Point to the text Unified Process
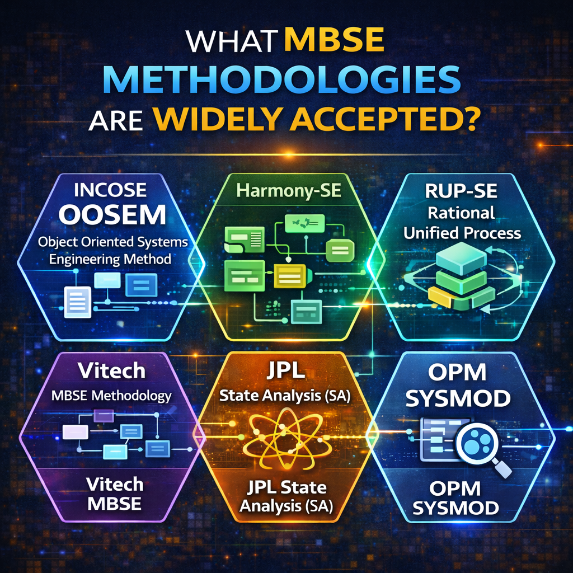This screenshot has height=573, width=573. (x=462, y=233)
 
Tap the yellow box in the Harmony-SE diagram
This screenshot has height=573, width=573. (x=290, y=275)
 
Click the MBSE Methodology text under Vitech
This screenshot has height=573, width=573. (x=111, y=396)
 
